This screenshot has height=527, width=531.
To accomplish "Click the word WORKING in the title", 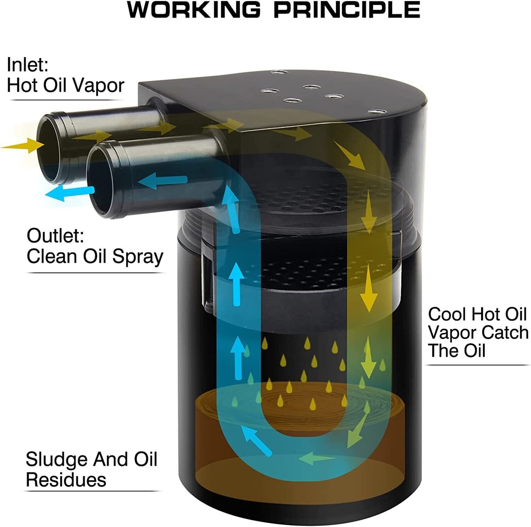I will [194, 10].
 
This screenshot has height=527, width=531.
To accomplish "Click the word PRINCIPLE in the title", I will [347, 10].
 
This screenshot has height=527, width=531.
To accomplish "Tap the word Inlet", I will [28, 65].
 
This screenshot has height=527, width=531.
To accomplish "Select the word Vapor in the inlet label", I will [99, 85].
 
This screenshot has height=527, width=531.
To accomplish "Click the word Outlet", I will [55, 236].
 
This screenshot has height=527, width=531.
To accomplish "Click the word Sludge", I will [57, 459].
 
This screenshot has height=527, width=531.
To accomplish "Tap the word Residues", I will [66, 480].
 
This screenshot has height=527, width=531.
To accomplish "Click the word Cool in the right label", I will [447, 314].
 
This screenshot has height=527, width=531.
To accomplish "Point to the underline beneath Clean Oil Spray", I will [96, 273].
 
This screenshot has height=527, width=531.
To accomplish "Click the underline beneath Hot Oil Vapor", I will [66, 100].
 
